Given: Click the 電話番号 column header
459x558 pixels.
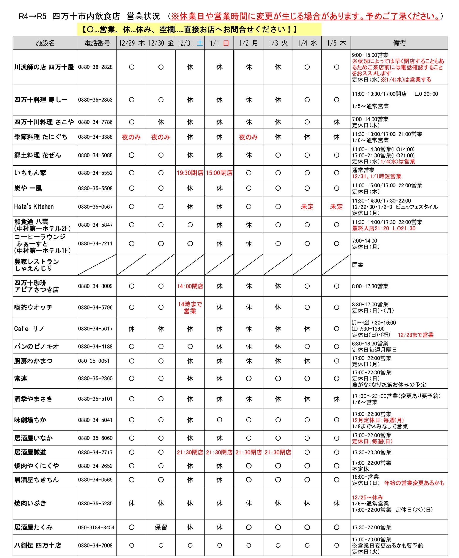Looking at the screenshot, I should point(97,43).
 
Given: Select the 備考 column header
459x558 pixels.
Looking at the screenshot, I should point(399,43).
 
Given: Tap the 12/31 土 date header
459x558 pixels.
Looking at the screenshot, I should point(190,43).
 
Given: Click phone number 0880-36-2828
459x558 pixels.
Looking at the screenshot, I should point(95,67).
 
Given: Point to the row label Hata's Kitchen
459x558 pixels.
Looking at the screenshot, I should point(34,207).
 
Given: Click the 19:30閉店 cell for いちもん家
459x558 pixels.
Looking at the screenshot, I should point(190,173).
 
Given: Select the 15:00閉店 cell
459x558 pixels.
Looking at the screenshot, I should point(219,173).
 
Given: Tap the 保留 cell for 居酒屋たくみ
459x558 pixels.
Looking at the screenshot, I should point(161,527).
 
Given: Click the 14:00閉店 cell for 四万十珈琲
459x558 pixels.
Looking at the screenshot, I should point(190,286).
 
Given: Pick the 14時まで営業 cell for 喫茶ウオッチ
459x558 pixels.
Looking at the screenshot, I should point(190,307).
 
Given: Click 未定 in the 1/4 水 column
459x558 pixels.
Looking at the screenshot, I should point(307,207).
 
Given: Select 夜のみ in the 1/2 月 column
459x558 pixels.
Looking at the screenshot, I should point(248,137).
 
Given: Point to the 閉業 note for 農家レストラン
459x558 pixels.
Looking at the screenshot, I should point(357,265).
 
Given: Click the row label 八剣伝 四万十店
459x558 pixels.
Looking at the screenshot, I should point(37,545).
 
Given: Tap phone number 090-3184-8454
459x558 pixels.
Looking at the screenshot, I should point(96,527).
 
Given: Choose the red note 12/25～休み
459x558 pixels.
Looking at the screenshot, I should point(367,497).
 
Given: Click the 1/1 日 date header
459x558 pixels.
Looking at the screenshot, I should point(219,43).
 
